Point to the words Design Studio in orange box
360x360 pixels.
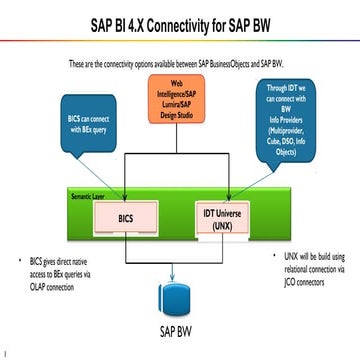pyautogui.click(x=180, y=119)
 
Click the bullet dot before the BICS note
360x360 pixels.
pyautogui.click(x=20, y=261)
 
